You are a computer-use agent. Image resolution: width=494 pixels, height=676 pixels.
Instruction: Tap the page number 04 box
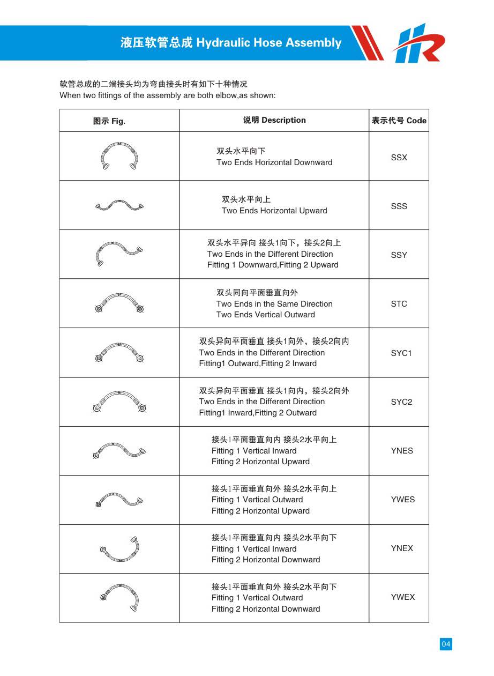446,644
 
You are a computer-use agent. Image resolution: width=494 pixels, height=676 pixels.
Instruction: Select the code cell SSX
399,158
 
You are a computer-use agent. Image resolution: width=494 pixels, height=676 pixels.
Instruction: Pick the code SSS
399,206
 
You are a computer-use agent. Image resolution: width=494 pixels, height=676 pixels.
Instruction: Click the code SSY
399,255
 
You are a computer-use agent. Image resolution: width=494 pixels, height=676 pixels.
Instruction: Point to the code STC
399,304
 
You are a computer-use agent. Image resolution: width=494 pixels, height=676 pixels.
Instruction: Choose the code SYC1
401,353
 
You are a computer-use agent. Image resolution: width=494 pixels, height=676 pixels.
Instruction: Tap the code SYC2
401,402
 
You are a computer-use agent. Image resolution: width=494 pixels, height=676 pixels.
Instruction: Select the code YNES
402,451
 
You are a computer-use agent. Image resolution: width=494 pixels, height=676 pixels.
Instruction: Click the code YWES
402,500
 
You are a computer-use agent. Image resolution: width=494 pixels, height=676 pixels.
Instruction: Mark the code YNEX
402,548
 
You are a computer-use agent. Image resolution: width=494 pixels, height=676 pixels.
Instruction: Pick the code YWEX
402,597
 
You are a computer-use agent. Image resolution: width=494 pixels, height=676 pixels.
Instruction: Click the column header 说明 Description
274,120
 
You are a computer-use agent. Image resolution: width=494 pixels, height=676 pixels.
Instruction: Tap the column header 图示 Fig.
109,121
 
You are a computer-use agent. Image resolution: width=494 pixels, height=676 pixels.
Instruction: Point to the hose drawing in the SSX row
119,156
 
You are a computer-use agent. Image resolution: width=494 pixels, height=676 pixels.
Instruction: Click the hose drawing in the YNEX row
119,549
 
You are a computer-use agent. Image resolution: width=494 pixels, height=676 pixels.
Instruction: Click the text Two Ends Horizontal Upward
274,211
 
